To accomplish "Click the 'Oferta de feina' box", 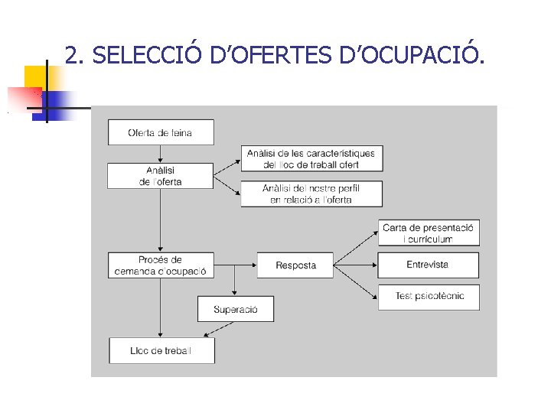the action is [x=161, y=132].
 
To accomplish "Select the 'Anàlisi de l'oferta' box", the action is [x=161, y=176].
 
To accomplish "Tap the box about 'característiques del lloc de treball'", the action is [x=311, y=158].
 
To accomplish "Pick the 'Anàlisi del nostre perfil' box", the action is [x=311, y=193].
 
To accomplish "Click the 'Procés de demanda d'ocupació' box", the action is [x=161, y=265].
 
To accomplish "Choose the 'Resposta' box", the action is [x=296, y=265].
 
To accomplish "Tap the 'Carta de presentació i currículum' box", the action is [x=429, y=233].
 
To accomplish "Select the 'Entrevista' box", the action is [x=429, y=265].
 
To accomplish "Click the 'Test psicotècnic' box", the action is [x=429, y=297].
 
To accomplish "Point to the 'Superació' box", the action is [x=236, y=309].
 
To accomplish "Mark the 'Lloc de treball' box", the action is [x=161, y=350].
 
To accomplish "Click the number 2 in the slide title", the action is [x=71, y=55].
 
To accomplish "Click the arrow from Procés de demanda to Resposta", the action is [x=236, y=265].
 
